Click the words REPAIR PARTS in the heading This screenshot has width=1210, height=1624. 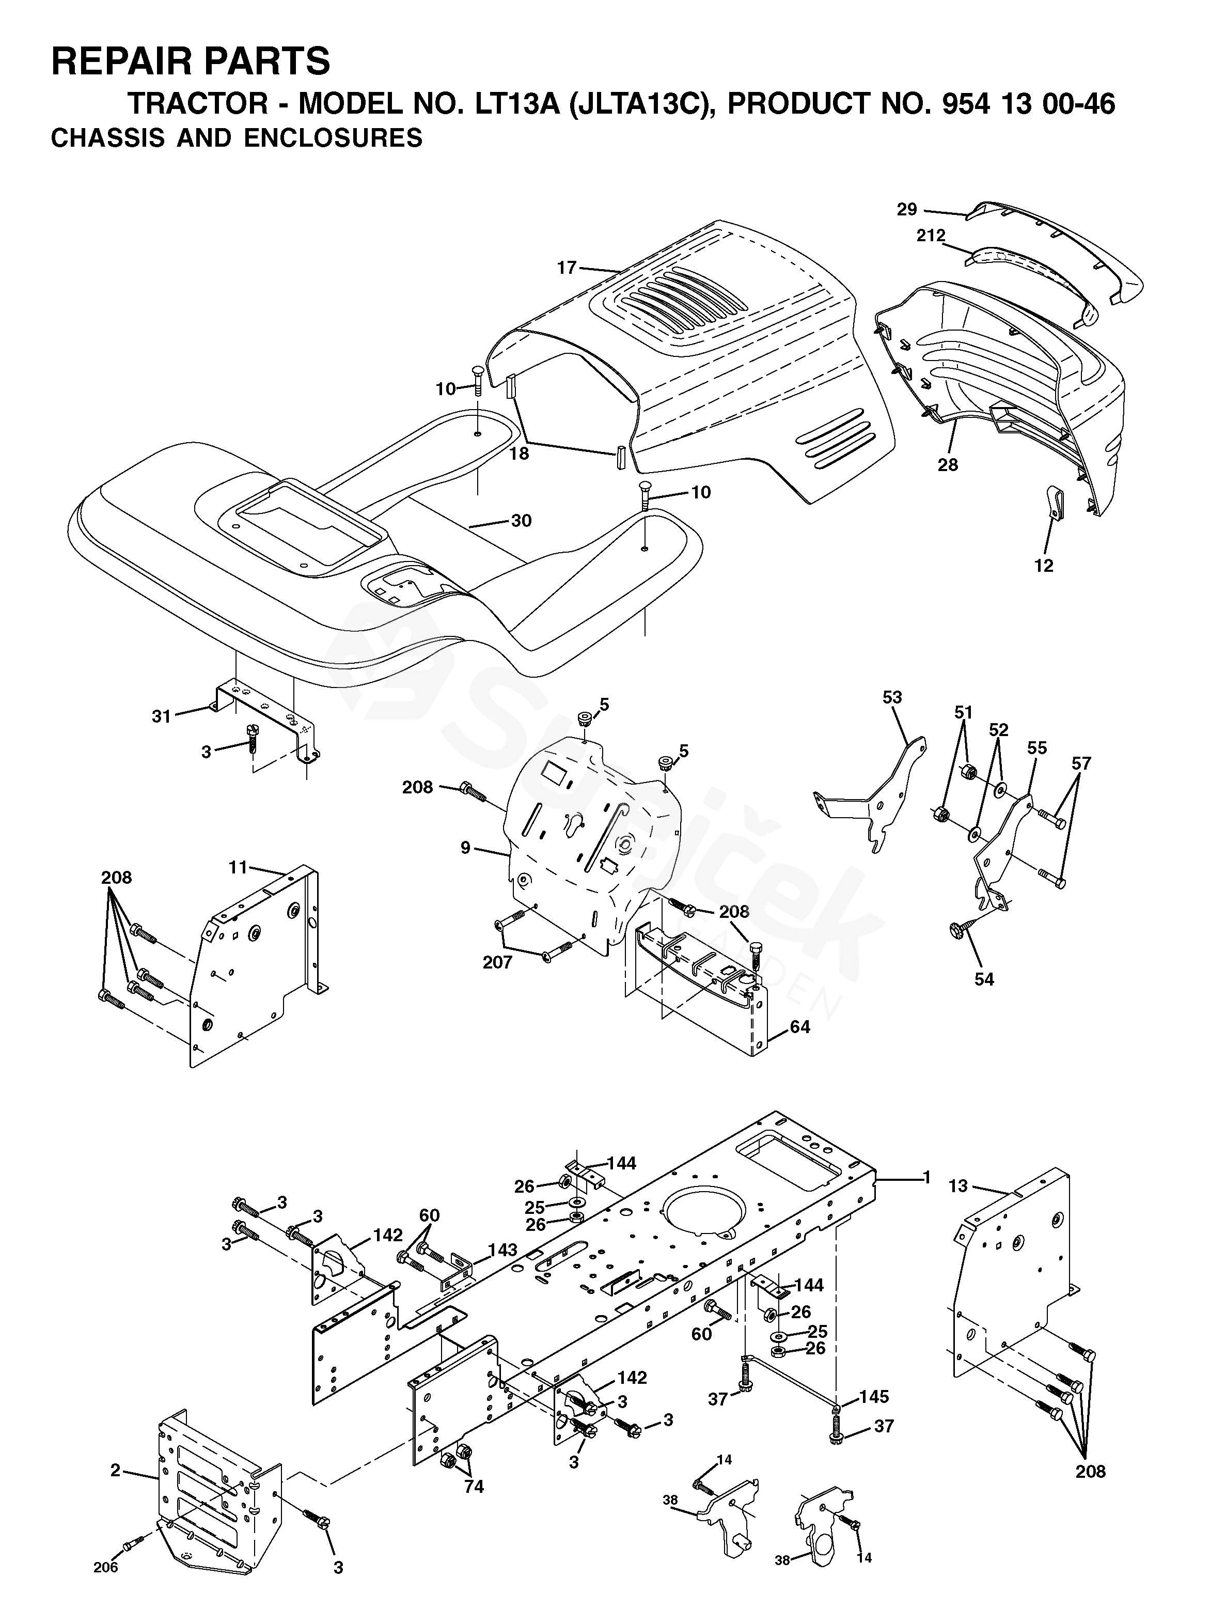[191, 61]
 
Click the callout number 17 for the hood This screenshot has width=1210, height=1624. [567, 268]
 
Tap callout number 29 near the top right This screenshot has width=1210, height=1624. [907, 210]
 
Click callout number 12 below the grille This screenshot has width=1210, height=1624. [1044, 566]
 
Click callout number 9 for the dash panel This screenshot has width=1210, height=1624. [465, 848]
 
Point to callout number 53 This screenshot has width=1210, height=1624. [892, 697]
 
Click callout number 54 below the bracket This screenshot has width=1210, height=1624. [984, 979]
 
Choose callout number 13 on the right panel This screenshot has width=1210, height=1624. [958, 1186]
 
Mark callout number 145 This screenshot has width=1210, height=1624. [874, 1397]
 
